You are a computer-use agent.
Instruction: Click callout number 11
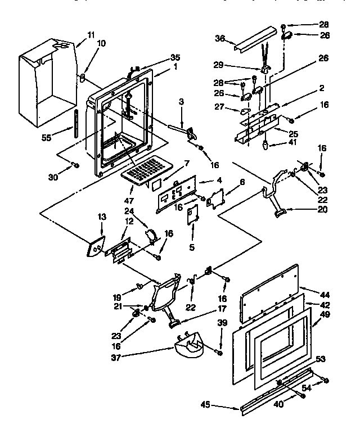pos(90,35)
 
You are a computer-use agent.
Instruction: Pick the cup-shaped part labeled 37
pos(189,345)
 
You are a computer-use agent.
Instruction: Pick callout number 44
pos(325,295)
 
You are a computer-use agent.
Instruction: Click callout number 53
pos(320,359)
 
